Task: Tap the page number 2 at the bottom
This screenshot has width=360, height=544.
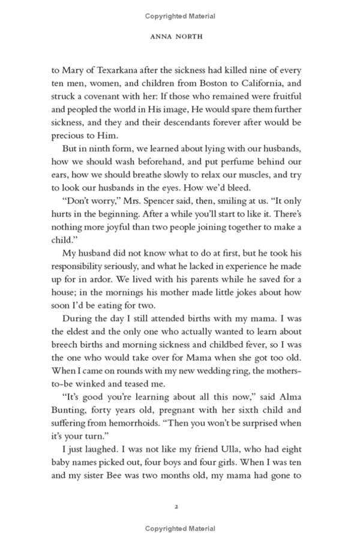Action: click(177, 507)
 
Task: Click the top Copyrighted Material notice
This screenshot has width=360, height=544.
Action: click(180, 16)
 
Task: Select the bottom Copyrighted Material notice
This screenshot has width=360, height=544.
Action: click(180, 528)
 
